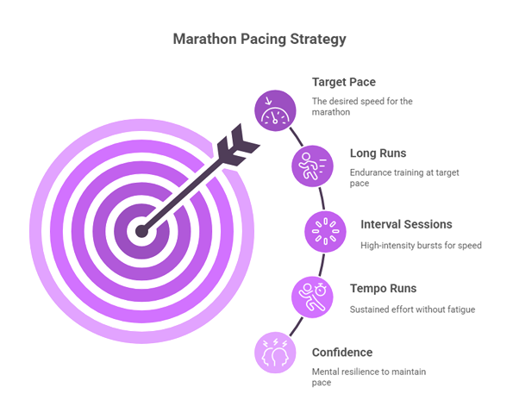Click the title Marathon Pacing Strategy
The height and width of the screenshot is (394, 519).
pos(259,39)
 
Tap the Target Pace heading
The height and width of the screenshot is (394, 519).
pos(344,83)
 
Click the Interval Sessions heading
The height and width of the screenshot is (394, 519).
pos(406,225)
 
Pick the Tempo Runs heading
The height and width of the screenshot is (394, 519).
pos(383,289)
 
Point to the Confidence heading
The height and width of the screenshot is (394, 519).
pos(342,352)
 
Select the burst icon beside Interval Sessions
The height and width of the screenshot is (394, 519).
pos(325,230)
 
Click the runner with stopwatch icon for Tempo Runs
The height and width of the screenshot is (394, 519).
pos(308,294)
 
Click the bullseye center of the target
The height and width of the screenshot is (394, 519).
pos(140,230)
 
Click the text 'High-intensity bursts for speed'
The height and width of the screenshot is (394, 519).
pos(420,245)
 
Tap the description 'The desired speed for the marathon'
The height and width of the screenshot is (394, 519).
pos(362,106)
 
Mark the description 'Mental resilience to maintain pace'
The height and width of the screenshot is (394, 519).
pos(369,376)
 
